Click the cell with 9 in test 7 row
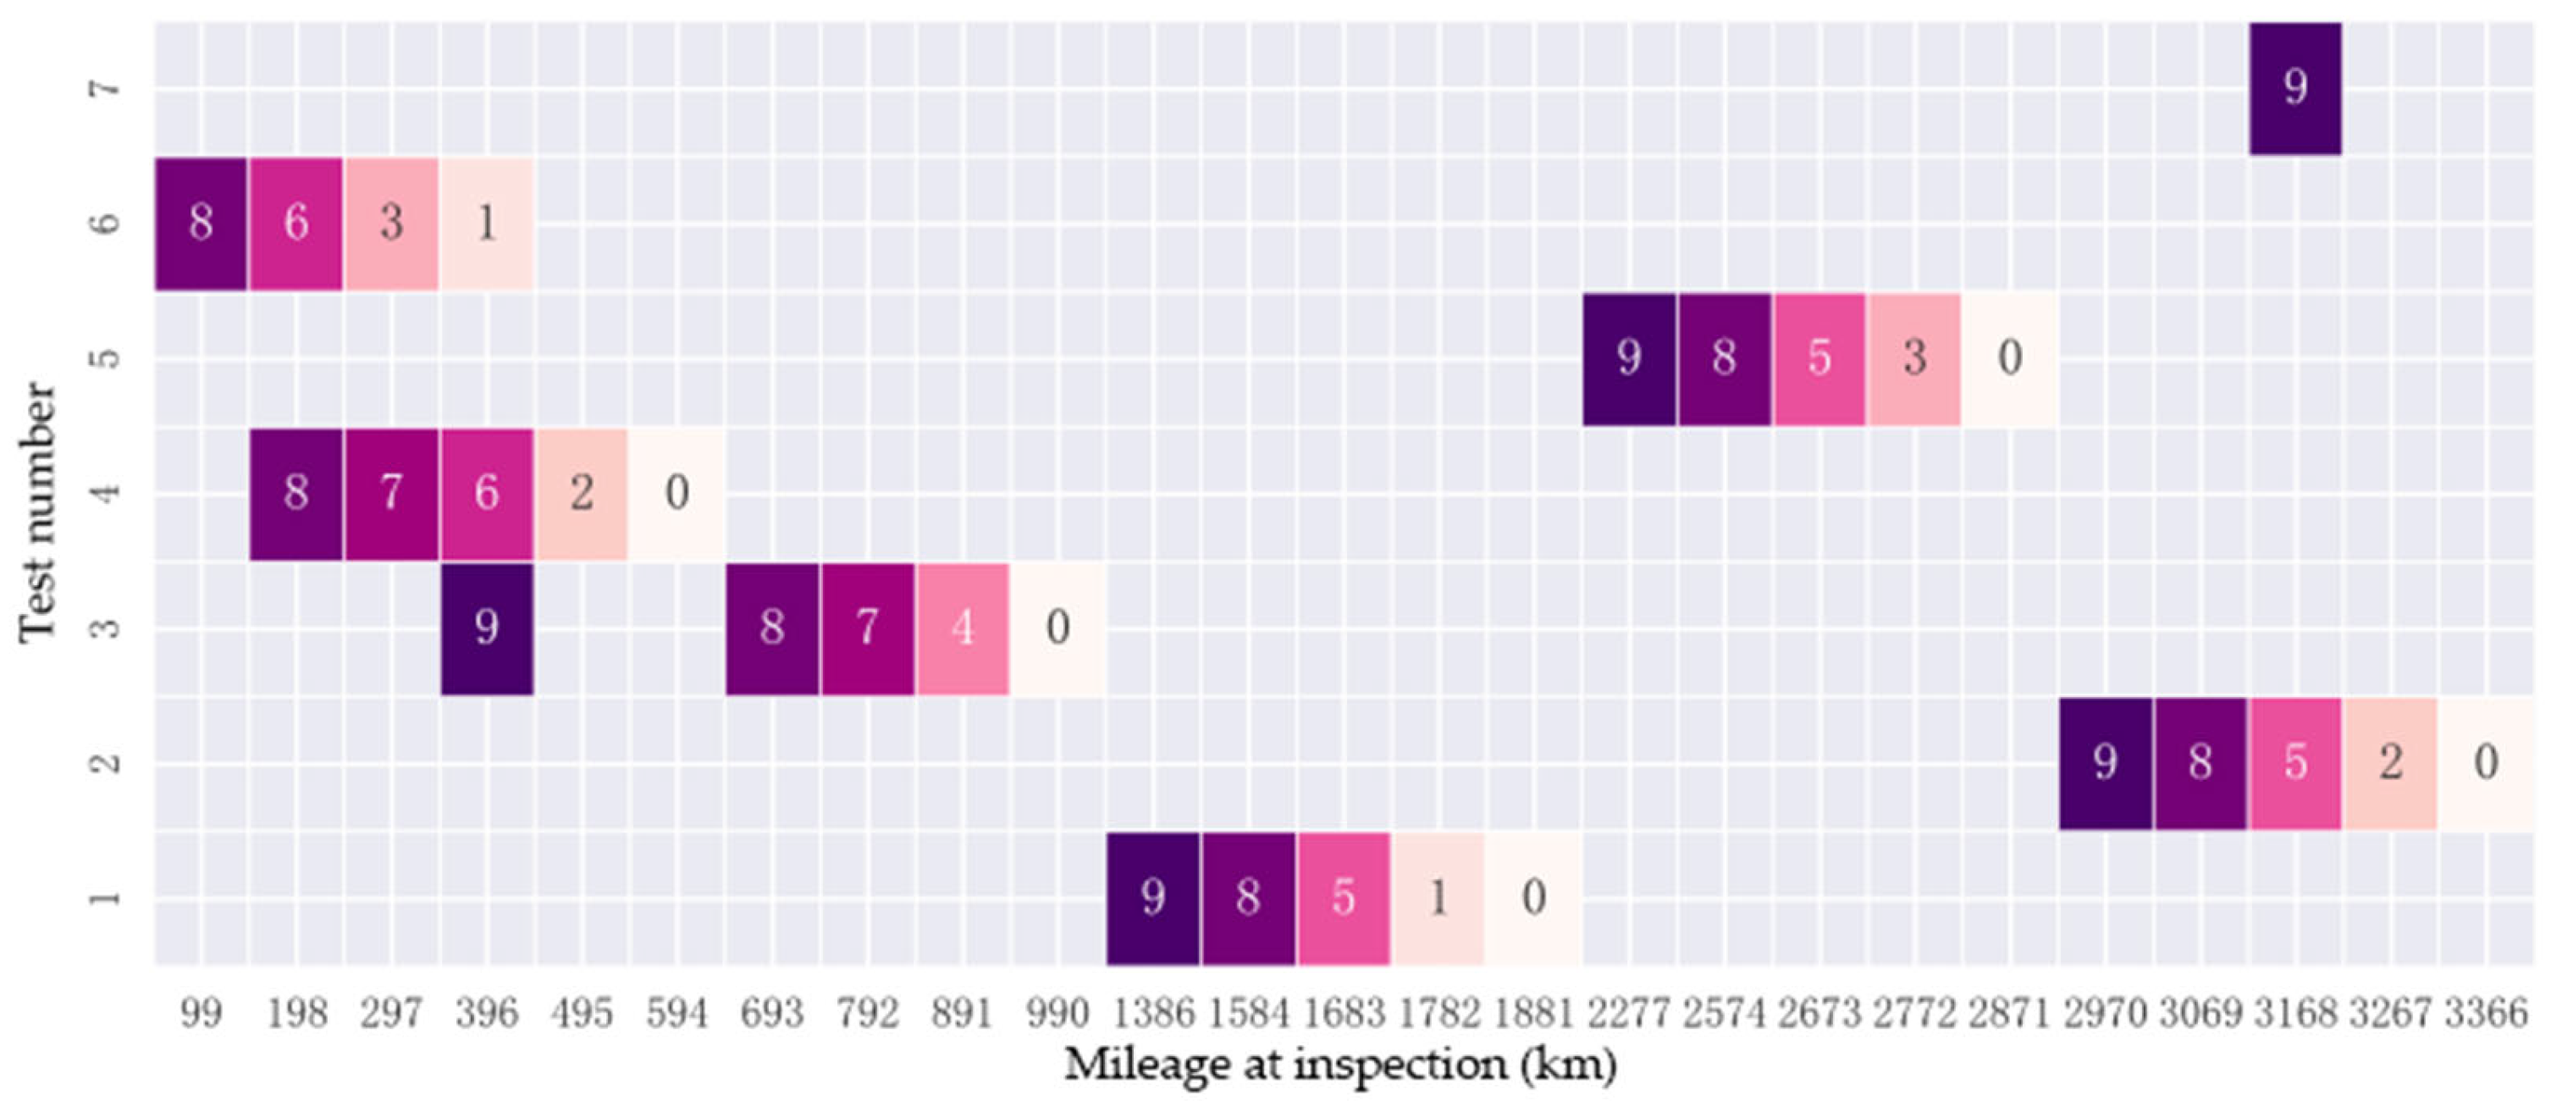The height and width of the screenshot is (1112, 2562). pyautogui.click(x=2294, y=87)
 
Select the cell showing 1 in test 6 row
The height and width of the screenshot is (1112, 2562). pyautogui.click(x=486, y=223)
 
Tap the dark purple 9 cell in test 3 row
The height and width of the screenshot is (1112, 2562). pyautogui.click(x=486, y=628)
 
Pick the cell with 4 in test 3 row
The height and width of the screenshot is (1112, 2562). pyautogui.click(x=963, y=628)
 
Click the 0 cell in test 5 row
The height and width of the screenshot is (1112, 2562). pyautogui.click(x=2009, y=358)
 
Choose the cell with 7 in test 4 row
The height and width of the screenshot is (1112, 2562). pyautogui.click(x=391, y=492)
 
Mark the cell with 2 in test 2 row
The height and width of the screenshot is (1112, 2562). pyautogui.click(x=2390, y=763)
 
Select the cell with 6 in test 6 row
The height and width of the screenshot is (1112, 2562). pyautogui.click(x=295, y=223)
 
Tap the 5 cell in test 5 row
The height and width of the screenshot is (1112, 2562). pyautogui.click(x=1819, y=358)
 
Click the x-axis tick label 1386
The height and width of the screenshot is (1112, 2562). pyautogui.click(x=1152, y=1014)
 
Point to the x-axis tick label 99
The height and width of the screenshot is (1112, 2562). pyautogui.click(x=201, y=1014)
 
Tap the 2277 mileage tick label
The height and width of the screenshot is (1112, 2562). pyautogui.click(x=1628, y=1014)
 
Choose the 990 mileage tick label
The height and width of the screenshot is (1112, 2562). pyautogui.click(x=1057, y=1014)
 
